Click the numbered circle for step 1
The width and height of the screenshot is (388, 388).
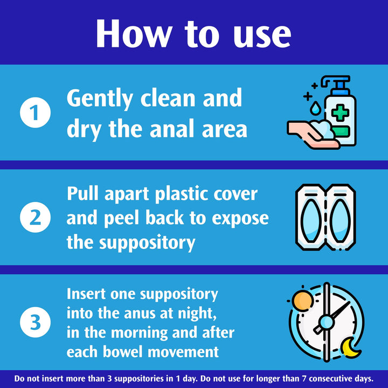pyautogui.click(x=35, y=112)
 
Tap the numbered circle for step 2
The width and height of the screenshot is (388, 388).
pyautogui.click(x=35, y=217)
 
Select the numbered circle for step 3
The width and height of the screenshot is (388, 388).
pyautogui.click(x=35, y=322)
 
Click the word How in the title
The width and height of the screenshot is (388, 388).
pyautogui.click(x=134, y=33)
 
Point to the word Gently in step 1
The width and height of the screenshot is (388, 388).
pyautogui.click(x=100, y=99)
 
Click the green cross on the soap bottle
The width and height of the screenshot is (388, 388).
pyautogui.click(x=340, y=113)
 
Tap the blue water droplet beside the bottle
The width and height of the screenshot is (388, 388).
pyautogui.click(x=315, y=108)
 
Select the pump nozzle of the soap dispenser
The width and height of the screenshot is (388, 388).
pyautogui.click(x=335, y=82)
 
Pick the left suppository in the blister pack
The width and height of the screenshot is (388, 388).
pyautogui.click(x=311, y=221)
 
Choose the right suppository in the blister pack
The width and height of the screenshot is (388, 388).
pyautogui.click(x=341, y=221)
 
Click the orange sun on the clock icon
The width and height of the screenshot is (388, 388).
pyautogui.click(x=302, y=300)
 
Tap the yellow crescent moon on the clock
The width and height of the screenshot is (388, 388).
pyautogui.click(x=350, y=348)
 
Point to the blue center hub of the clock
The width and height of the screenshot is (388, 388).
pyautogui.click(x=327, y=322)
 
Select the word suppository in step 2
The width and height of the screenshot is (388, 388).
pyautogui.click(x=147, y=243)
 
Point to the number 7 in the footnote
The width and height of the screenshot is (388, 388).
pyautogui.click(x=304, y=379)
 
